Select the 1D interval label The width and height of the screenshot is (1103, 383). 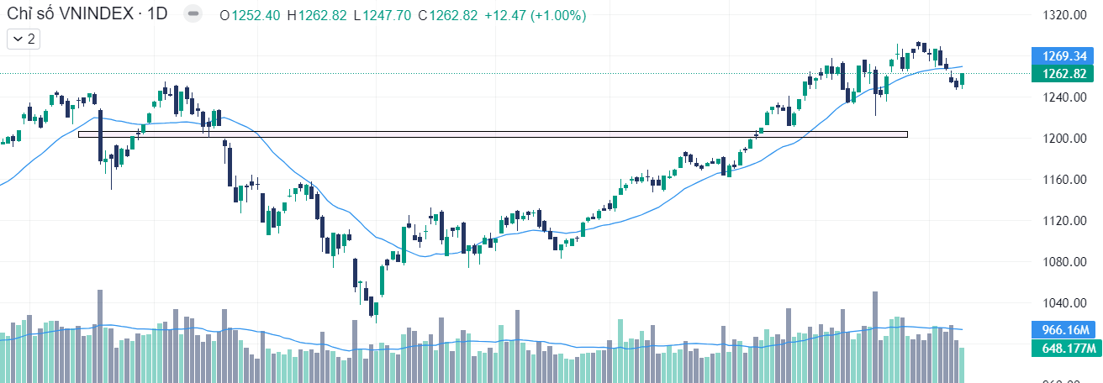(159, 15)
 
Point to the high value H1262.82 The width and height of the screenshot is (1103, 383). (316, 16)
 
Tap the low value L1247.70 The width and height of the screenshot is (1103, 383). (382, 16)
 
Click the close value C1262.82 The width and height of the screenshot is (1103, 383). (447, 16)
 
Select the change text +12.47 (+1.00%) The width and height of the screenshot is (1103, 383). (536, 16)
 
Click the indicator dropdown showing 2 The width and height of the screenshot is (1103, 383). (24, 39)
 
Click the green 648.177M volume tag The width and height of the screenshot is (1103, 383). (1066, 348)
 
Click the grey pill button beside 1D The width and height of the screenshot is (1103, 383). (193, 15)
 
